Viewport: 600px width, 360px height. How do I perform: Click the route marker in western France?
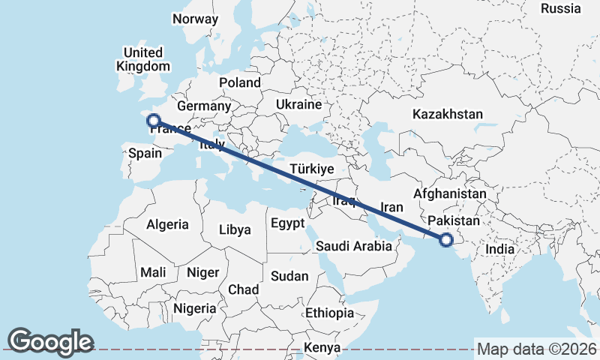[x=153, y=120]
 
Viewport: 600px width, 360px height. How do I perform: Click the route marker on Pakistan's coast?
[x=446, y=240]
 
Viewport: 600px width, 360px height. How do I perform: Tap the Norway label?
[x=195, y=19]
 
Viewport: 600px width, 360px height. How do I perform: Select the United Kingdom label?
[x=142, y=59]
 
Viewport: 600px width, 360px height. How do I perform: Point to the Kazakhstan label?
[x=447, y=114]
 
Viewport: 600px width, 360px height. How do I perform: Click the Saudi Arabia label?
[x=354, y=246]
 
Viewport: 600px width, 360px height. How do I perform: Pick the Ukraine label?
[x=298, y=104]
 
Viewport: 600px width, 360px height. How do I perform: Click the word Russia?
[x=560, y=9]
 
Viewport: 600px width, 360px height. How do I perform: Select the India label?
[x=500, y=250]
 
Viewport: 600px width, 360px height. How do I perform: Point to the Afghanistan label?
[x=449, y=194]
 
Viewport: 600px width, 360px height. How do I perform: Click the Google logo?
[x=50, y=341]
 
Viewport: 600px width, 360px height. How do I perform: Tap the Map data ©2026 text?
[x=536, y=349]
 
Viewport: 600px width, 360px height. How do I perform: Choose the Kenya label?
[x=322, y=348]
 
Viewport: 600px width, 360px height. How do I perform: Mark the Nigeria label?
[x=195, y=308]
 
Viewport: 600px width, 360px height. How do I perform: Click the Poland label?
[x=239, y=82]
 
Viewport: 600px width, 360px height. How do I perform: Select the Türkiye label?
[x=311, y=169]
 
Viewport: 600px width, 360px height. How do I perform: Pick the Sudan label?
[x=289, y=276]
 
